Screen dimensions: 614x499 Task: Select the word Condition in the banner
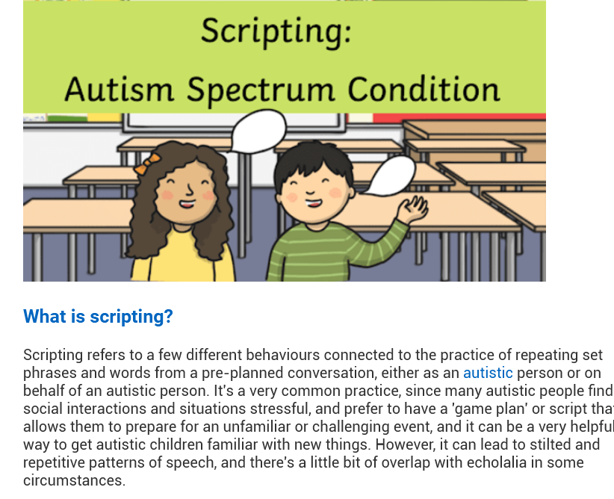pyautogui.click(x=424, y=89)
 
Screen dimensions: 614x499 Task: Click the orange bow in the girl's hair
pyautogui.click(x=147, y=164)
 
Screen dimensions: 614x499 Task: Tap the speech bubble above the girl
pyautogui.click(x=258, y=131)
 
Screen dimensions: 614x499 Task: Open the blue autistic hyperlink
pyautogui.click(x=488, y=373)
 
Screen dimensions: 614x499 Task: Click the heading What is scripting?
pyautogui.click(x=98, y=317)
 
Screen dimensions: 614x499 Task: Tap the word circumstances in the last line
pyautogui.click(x=74, y=480)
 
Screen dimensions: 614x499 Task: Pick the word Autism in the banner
pyautogui.click(x=119, y=89)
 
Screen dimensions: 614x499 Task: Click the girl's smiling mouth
pyautogui.click(x=187, y=204)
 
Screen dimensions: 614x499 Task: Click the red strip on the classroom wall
pyautogui.click(x=459, y=117)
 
